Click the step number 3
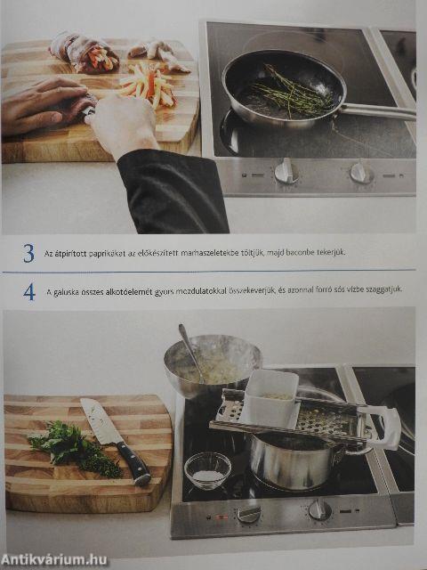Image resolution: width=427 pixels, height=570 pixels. tap(28, 253)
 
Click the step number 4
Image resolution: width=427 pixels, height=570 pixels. tap(29, 292)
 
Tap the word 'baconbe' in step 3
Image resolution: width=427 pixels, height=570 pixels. tap(300, 252)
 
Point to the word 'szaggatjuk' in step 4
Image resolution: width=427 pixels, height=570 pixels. tap(384, 289)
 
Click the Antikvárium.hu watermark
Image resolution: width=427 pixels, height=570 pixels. tap(54, 560)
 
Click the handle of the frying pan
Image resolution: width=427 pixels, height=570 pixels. tap(378, 110)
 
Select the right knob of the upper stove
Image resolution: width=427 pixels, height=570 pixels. tap(361, 173)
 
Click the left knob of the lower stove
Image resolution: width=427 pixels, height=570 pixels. tap(249, 513)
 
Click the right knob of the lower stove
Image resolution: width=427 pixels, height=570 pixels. tap(320, 509)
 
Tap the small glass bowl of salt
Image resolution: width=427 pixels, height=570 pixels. tap(207, 470)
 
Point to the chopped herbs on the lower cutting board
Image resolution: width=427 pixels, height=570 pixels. tap(76, 449)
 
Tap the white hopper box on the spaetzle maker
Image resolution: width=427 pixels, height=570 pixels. tap(270, 398)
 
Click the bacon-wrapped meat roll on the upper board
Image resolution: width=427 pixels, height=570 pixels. tap(85, 52)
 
